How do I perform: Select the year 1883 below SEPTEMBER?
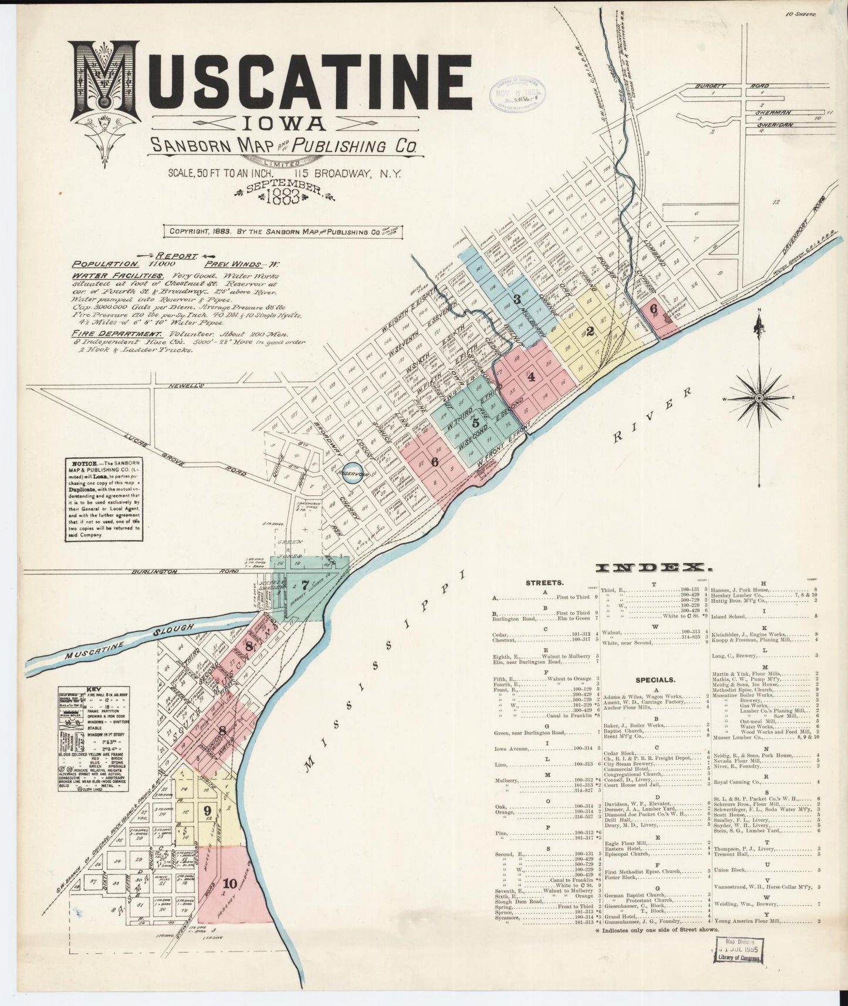[285, 197]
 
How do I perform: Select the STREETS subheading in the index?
[545, 583]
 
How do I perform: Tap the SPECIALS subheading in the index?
[656, 680]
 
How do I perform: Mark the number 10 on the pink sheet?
[229, 882]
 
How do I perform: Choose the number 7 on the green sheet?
[304, 585]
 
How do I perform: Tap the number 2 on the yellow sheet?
[590, 331]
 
